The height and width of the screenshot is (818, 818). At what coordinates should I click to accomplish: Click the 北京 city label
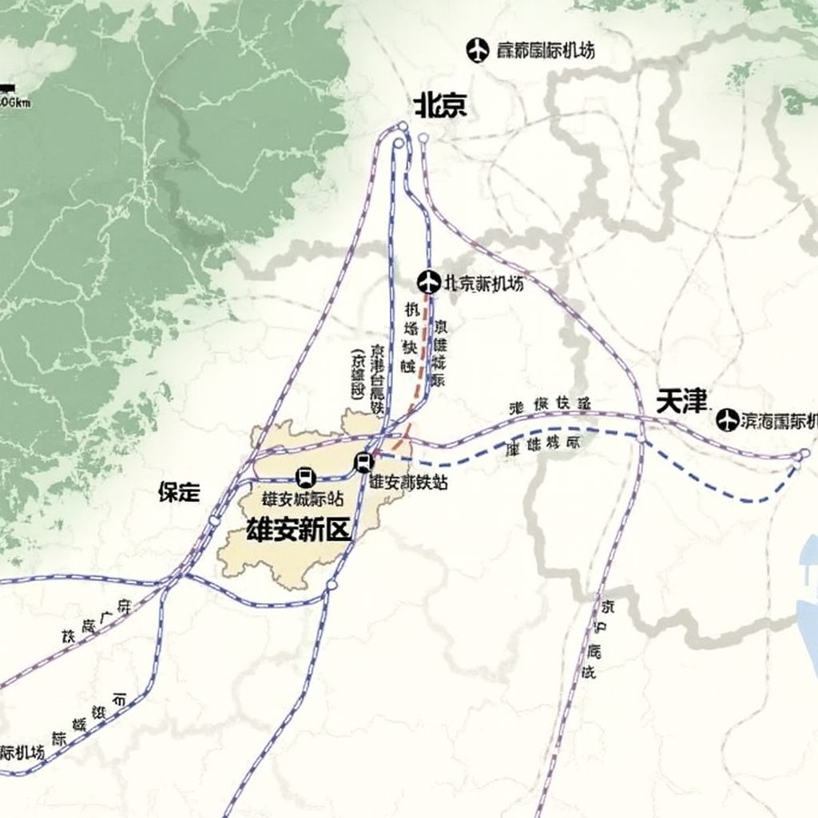click(x=440, y=105)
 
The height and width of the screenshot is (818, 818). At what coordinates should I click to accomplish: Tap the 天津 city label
click(x=682, y=401)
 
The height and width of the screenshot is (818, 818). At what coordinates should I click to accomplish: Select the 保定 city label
click(x=179, y=492)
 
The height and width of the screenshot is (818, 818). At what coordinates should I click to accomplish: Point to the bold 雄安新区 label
click(x=299, y=530)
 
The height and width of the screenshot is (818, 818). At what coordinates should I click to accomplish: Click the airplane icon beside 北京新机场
click(x=429, y=282)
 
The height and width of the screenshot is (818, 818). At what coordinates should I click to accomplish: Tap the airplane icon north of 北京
click(x=477, y=50)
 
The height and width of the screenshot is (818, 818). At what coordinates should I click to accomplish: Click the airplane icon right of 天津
click(x=727, y=419)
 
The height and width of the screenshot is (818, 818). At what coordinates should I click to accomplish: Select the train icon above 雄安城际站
click(x=304, y=478)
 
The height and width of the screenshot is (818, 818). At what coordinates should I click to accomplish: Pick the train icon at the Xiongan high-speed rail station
click(x=363, y=462)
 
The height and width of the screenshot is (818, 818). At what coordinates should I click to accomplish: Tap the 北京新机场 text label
click(x=484, y=284)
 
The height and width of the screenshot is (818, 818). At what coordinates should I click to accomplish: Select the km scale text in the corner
click(x=14, y=102)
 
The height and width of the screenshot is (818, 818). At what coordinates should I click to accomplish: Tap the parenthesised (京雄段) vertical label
click(x=357, y=373)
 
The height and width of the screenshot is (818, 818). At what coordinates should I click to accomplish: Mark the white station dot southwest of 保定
click(x=214, y=521)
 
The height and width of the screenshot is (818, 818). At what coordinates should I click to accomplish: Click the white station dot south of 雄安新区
click(x=332, y=586)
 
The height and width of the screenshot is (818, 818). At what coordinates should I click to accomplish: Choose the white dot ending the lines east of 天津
click(x=804, y=454)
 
